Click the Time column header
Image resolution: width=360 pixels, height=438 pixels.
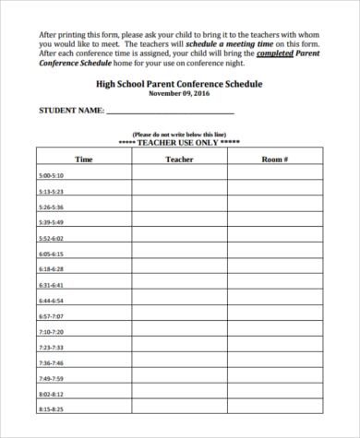pyautogui.click(x=84, y=160)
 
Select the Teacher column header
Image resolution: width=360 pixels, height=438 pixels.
pyautogui.click(x=179, y=160)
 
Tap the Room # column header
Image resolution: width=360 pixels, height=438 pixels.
pyautogui.click(x=275, y=160)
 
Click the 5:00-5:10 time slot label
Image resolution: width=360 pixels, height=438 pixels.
pyautogui.click(x=51, y=175)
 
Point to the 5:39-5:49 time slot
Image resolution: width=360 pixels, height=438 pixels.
pyautogui.click(x=51, y=222)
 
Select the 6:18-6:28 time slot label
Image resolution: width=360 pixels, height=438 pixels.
pyautogui.click(x=51, y=269)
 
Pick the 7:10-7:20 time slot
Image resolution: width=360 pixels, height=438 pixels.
pyautogui.click(x=51, y=331)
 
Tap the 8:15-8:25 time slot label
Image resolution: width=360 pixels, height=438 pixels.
pyautogui.click(x=51, y=408)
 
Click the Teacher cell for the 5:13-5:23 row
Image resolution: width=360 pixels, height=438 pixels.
pyautogui.click(x=179, y=191)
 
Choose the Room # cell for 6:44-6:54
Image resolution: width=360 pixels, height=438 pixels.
pyautogui.click(x=275, y=300)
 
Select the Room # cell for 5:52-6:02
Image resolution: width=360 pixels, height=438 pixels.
pyautogui.click(x=275, y=238)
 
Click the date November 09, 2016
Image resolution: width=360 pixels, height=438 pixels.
pyautogui.click(x=180, y=93)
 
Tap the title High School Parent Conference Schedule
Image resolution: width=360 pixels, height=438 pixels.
pyautogui.click(x=180, y=83)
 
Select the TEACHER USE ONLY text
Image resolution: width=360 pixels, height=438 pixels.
pyautogui.click(x=180, y=143)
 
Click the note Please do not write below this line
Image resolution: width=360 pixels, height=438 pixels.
pyautogui.click(x=180, y=135)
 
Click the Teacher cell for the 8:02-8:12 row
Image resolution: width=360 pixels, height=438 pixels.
pyautogui.click(x=179, y=394)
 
